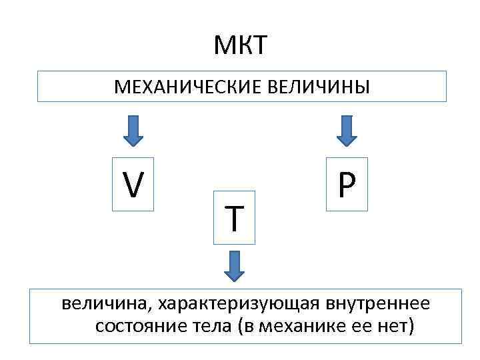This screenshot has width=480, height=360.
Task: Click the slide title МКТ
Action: (240, 46)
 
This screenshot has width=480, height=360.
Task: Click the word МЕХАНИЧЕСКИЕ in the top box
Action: (188, 87)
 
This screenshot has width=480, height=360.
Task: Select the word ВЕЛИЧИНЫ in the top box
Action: (319, 87)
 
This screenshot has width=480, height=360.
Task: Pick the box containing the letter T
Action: (234, 217)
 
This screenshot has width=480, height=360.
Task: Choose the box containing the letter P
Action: (347, 185)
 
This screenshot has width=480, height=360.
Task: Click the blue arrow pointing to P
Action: (346, 131)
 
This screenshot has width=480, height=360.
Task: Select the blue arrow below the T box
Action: (234, 265)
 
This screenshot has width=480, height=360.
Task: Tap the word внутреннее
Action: (378, 305)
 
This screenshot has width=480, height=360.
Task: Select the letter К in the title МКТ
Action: (241, 46)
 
